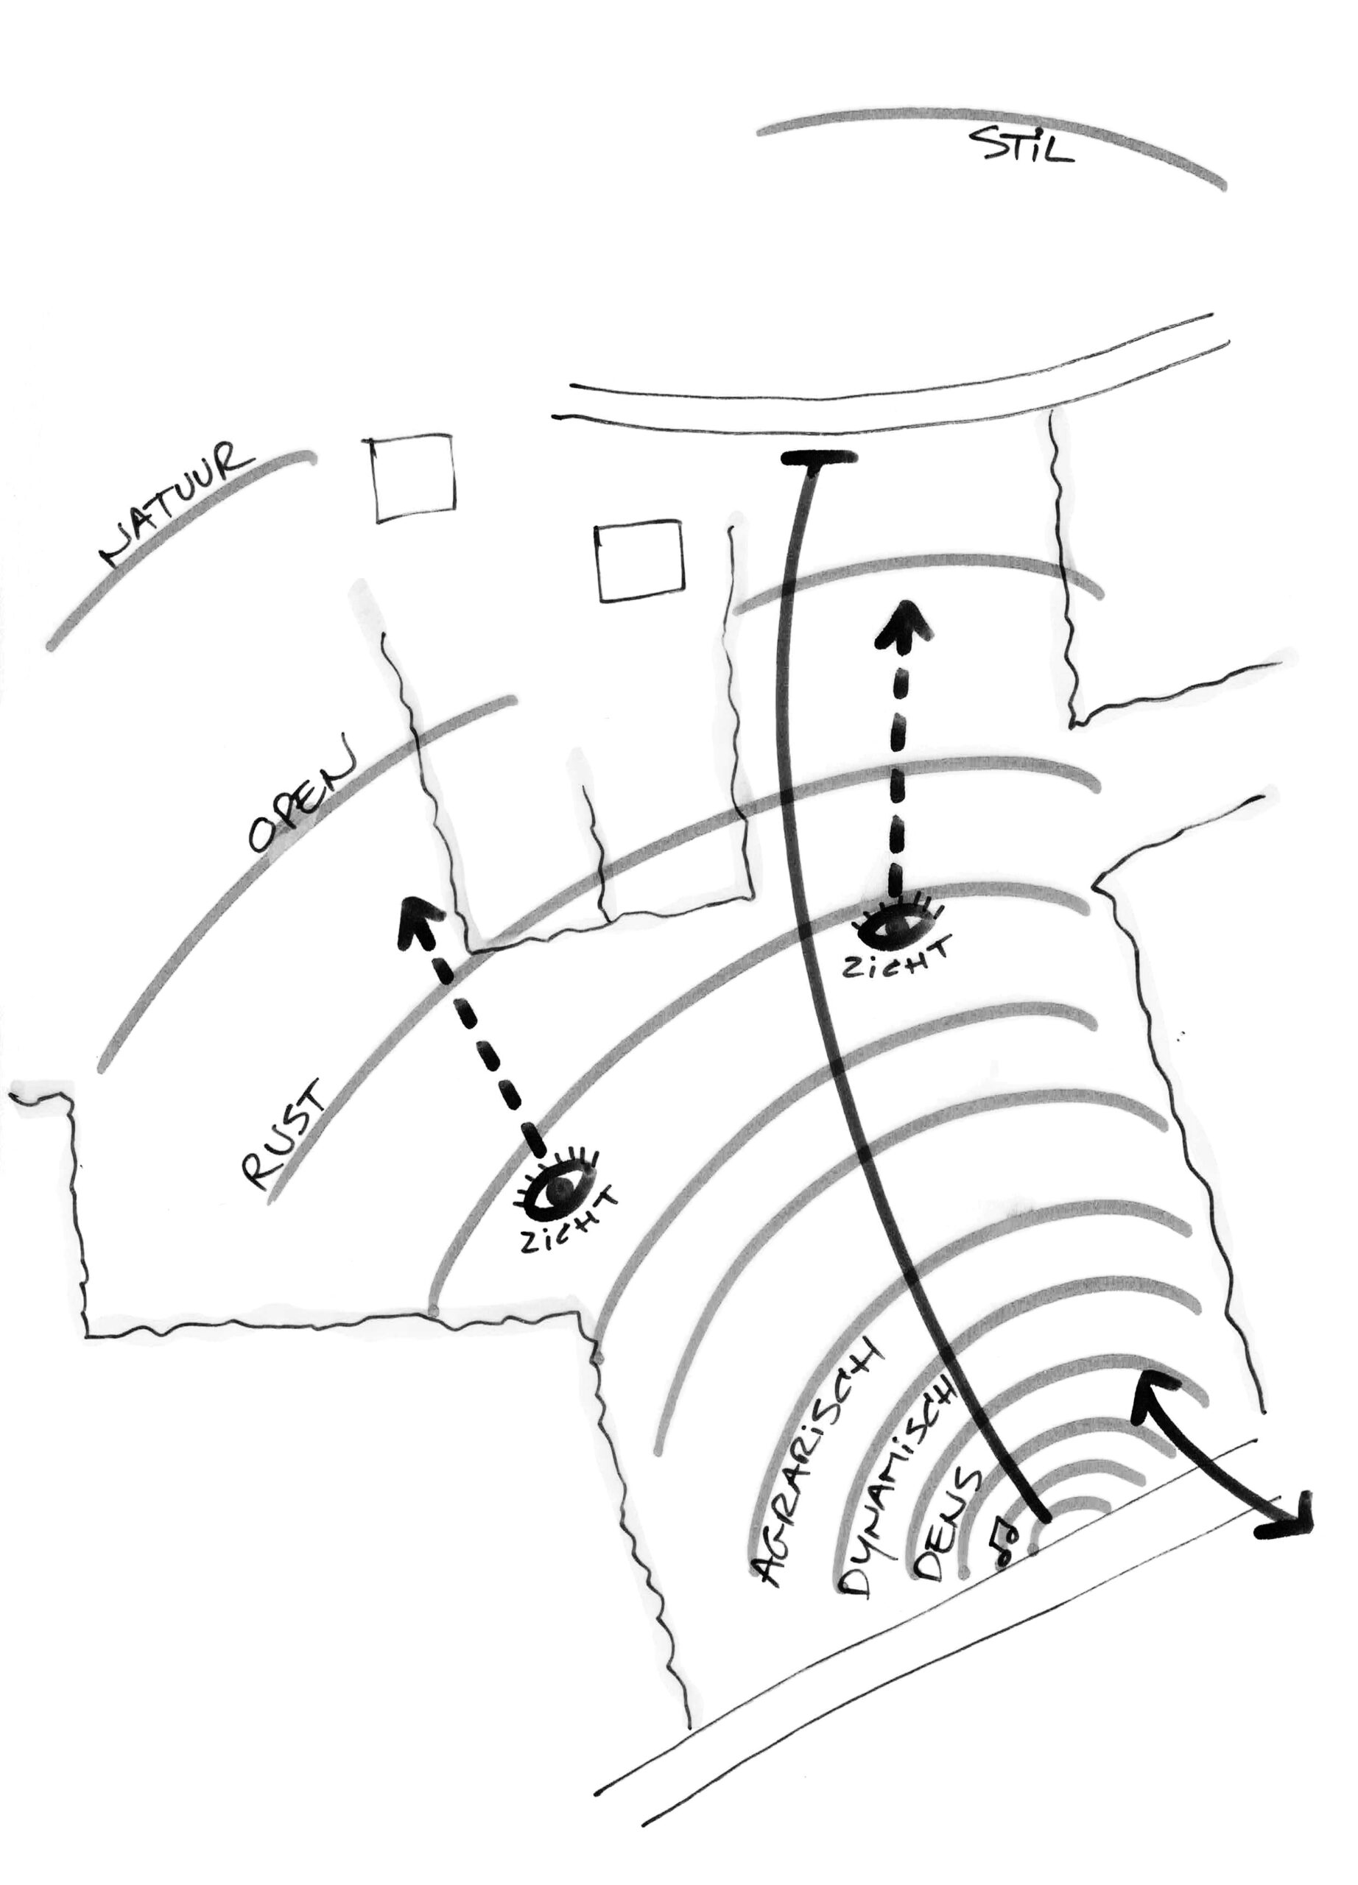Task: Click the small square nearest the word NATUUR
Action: click(x=414, y=478)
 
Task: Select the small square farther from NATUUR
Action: click(x=640, y=560)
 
